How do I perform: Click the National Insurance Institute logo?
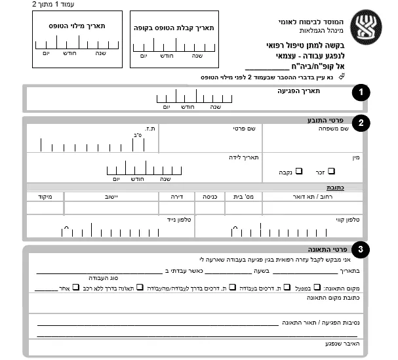click(365, 26)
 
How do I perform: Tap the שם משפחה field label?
click(351, 129)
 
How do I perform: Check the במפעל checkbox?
click(317, 287)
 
